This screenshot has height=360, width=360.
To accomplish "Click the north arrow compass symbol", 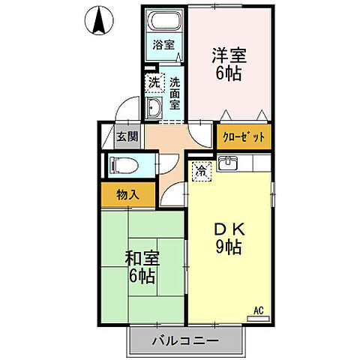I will click(98, 20).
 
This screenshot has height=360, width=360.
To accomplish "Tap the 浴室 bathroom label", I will click(163, 45).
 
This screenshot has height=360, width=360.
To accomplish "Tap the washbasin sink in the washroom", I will click(154, 108).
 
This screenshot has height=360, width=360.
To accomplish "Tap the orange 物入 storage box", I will click(127, 195).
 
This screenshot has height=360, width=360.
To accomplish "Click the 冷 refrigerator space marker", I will click(201, 171).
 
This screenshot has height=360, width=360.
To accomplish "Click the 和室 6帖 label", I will click(140, 268).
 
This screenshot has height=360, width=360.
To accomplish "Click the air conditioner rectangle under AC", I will click(258, 318).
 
